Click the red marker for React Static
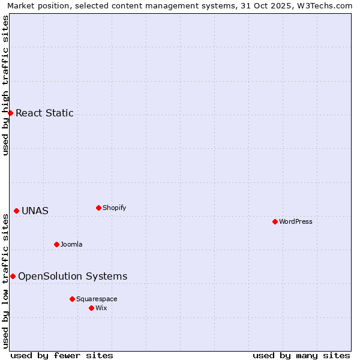10,113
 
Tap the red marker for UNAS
16,211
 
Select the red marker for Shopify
98,208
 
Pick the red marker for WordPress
275,221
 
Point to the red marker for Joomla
56,244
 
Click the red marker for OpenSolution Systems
13,276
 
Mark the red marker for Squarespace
72,299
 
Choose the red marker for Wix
91,308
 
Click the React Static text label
44,113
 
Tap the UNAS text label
35,211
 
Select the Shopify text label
114,208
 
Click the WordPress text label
295,221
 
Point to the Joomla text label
71,244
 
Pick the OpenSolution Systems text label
73,276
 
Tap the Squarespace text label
97,299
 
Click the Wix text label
101,308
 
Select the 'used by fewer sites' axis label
62,355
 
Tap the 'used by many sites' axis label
301,355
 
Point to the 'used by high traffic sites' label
5,85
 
